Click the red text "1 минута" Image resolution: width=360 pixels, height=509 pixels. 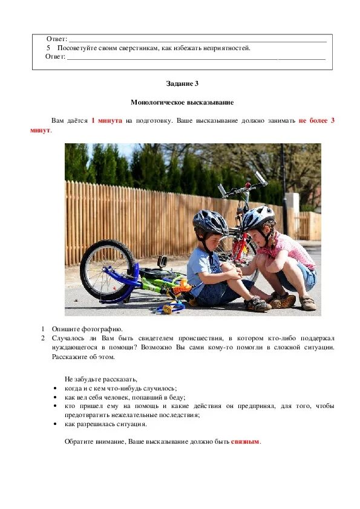[106, 120]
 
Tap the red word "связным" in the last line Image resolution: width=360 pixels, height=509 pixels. [244, 441]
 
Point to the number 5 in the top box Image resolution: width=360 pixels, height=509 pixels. [48, 48]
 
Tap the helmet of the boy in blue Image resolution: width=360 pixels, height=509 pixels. [210, 222]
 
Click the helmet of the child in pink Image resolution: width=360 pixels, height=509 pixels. [257, 217]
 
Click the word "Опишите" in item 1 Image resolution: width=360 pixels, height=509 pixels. [65, 329]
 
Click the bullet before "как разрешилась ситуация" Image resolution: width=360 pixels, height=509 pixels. [55, 424]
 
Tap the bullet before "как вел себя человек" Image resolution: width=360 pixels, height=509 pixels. [55, 397]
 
